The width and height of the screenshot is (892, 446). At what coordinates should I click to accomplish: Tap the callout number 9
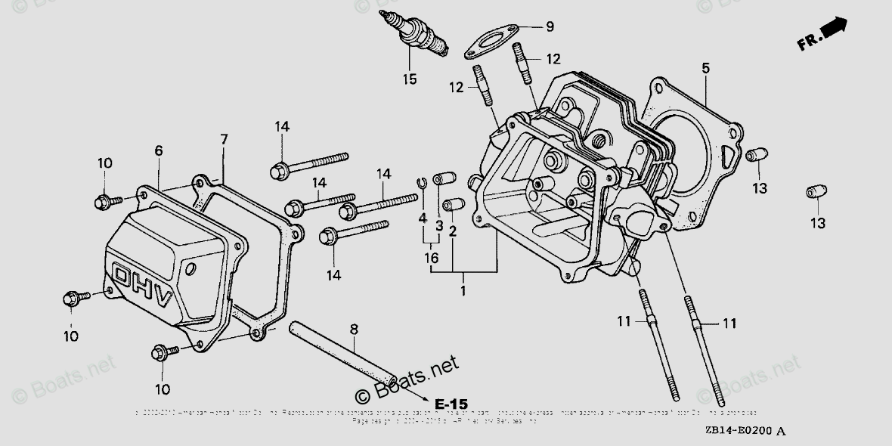pyautogui.click(x=550, y=26)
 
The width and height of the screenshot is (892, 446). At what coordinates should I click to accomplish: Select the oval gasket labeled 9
pyautogui.click(x=489, y=42)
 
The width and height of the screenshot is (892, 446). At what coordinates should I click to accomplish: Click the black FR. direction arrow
pyautogui.click(x=833, y=29)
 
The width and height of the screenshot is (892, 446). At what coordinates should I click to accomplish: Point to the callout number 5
pyautogui.click(x=705, y=69)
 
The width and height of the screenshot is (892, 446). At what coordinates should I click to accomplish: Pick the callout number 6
pyautogui.click(x=158, y=151)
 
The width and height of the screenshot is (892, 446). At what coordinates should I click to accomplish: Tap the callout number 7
pyautogui.click(x=224, y=139)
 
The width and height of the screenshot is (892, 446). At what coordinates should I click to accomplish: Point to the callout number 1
pyautogui.click(x=463, y=290)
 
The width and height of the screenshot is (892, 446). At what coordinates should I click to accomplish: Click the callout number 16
pyautogui.click(x=432, y=258)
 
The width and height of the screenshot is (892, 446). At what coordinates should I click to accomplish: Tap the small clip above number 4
pyautogui.click(x=424, y=181)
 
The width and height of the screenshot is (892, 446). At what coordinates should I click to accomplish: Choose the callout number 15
pyautogui.click(x=409, y=79)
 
